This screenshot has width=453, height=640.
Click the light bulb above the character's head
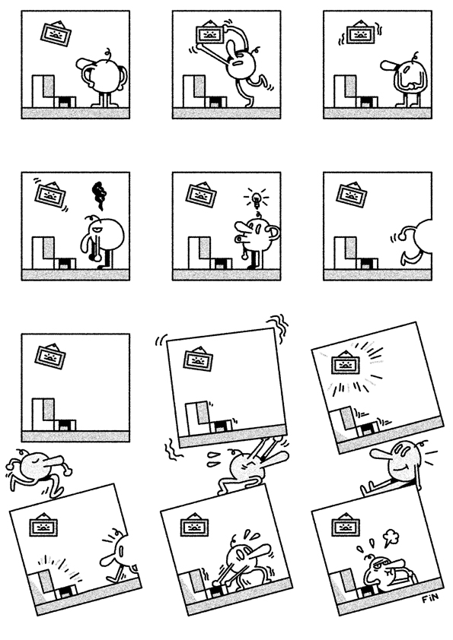[x=257, y=200]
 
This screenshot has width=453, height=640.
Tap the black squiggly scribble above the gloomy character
[x=98, y=195]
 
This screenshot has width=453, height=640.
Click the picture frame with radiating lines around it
[x=346, y=366]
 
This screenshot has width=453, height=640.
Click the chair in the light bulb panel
[x=204, y=255]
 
